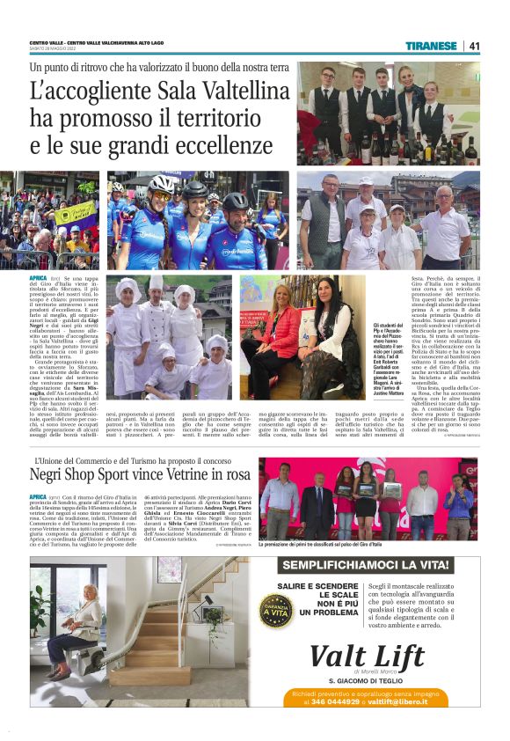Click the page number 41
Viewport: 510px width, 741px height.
click(x=475, y=46)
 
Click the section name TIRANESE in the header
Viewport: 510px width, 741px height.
click(x=432, y=46)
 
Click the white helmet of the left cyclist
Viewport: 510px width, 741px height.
click(x=160, y=183)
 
